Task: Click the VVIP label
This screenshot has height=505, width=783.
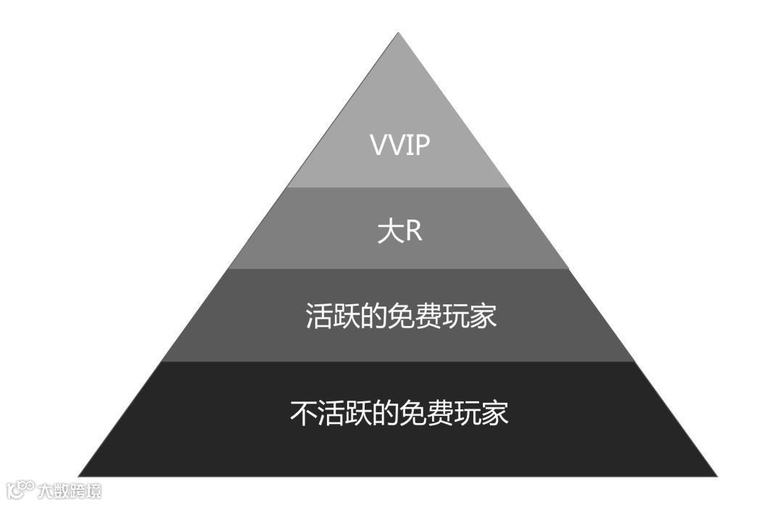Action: pyautogui.click(x=399, y=145)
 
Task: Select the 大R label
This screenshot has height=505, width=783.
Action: pyautogui.click(x=399, y=232)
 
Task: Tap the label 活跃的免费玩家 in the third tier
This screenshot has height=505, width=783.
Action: pyautogui.click(x=400, y=317)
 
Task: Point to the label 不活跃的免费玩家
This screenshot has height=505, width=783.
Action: pyautogui.click(x=399, y=413)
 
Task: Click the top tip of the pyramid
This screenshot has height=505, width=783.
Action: pyautogui.click(x=398, y=33)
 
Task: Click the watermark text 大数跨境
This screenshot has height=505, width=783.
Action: pyautogui.click(x=70, y=491)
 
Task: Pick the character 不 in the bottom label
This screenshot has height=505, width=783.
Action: pyautogui.click(x=303, y=413)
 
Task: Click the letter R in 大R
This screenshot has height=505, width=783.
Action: pyautogui.click(x=413, y=232)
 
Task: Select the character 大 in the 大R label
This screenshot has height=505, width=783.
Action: pyautogui.click(x=389, y=232)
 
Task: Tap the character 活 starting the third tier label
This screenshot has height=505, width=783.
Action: pyautogui.click(x=319, y=317)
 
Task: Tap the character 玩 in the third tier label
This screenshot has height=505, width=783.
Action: pyautogui.click(x=455, y=317)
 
